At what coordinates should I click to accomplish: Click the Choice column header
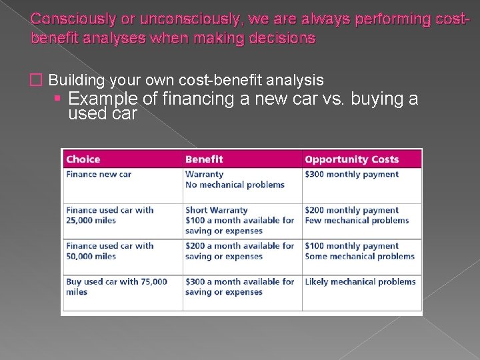(x=83, y=159)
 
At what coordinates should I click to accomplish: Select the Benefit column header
(x=204, y=159)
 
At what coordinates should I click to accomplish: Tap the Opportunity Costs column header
(x=351, y=159)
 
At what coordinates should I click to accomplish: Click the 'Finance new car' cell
(x=99, y=175)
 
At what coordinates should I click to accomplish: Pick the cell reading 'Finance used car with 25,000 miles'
(x=109, y=215)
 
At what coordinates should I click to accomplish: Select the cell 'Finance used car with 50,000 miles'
(x=109, y=251)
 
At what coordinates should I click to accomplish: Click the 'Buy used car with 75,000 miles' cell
(x=116, y=287)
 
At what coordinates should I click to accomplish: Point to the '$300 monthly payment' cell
(x=351, y=175)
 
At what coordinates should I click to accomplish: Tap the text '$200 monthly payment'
(x=351, y=211)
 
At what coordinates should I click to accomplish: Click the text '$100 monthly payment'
(x=351, y=246)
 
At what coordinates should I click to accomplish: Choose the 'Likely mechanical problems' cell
(x=360, y=282)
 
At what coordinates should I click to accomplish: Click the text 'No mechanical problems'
(x=235, y=185)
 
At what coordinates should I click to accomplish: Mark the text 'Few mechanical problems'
(x=357, y=221)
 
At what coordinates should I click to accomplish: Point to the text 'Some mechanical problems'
(x=359, y=256)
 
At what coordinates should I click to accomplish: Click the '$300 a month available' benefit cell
(x=239, y=287)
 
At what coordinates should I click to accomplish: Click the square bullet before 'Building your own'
(x=37, y=81)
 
